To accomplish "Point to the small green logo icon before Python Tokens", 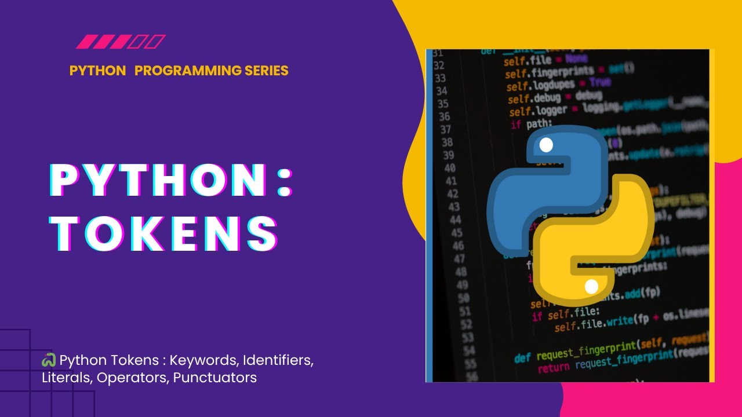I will (49, 360).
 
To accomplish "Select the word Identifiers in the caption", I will (278, 361).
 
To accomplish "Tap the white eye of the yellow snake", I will (591, 286).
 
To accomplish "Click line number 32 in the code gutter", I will (439, 65).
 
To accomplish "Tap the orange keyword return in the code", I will (554, 368).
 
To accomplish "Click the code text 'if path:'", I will (530, 124).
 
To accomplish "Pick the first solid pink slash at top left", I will (85, 42).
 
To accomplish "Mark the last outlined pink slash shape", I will (157, 42).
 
